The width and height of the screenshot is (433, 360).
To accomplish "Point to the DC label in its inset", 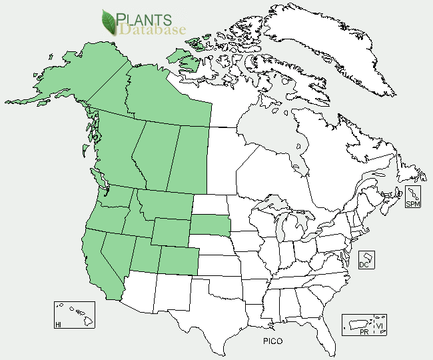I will point(364,264).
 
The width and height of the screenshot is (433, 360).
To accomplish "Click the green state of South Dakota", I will point(212,224).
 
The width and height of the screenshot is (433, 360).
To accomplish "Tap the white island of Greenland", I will point(333,47).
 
